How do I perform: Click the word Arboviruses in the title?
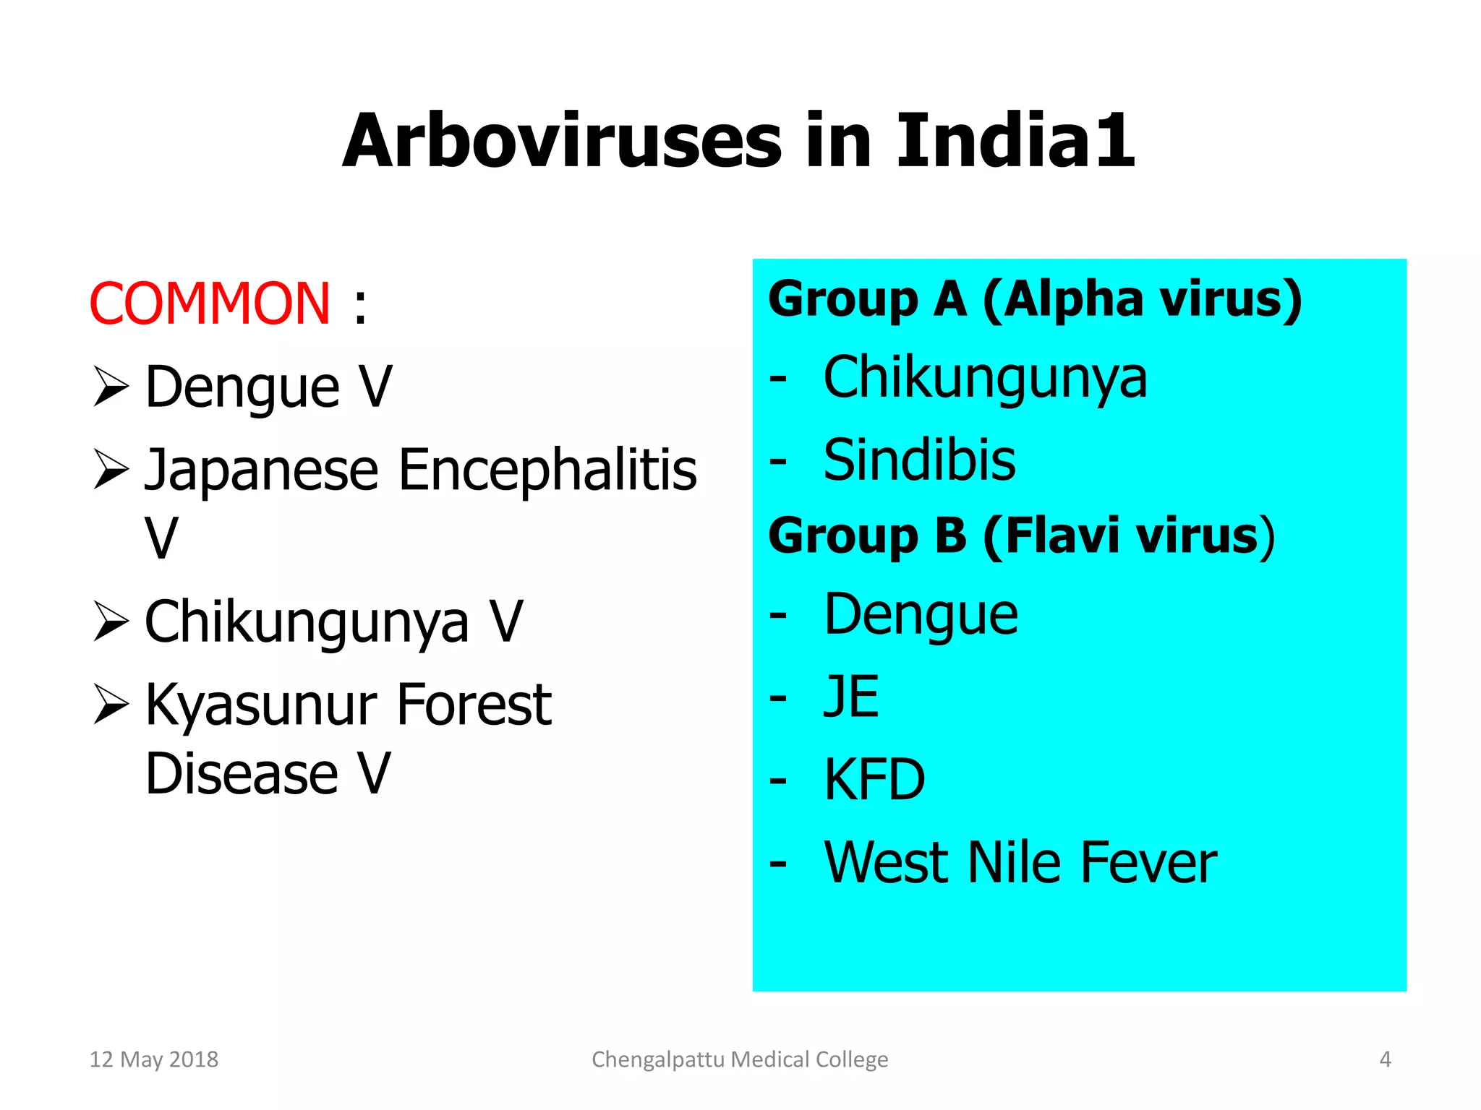[x=563, y=142]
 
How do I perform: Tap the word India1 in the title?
[x=1015, y=142]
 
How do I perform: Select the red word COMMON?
[x=210, y=304]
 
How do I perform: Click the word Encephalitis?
[x=547, y=470]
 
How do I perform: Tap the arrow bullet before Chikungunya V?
[x=111, y=621]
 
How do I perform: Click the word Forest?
[x=474, y=705]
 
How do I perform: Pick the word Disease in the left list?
[x=242, y=774]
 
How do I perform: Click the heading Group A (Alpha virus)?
[x=1034, y=298]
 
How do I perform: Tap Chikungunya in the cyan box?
[x=985, y=378]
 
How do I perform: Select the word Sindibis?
[x=919, y=460]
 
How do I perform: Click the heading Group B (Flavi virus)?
[x=1021, y=536]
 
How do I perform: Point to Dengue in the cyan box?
[x=921, y=615]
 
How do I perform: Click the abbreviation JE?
[x=851, y=697]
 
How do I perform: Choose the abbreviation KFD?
[x=874, y=780]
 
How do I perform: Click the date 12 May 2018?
[x=153, y=1059]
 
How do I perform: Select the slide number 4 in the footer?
[x=1385, y=1059]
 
